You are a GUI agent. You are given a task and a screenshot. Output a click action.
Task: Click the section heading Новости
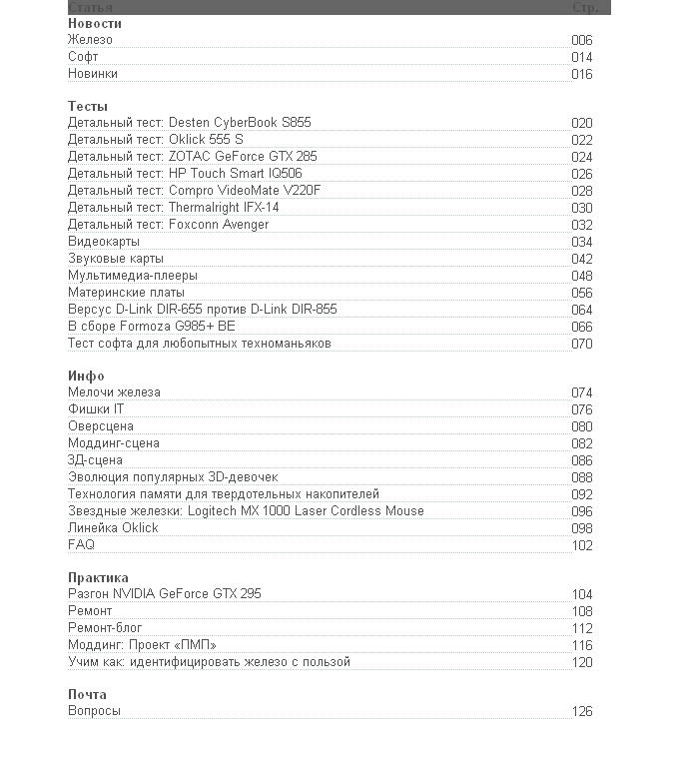(94, 23)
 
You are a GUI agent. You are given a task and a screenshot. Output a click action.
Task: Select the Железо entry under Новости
(90, 40)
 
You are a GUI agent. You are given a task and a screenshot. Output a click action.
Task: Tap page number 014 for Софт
(581, 58)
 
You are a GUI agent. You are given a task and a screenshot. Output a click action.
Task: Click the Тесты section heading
(88, 106)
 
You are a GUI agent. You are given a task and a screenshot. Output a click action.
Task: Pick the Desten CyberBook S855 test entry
(190, 123)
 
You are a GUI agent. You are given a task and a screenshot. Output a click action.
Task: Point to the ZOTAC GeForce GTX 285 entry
(192, 157)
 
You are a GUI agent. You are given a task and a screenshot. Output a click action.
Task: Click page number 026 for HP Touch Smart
(581, 175)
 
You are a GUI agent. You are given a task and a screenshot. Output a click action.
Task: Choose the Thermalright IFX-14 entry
(174, 208)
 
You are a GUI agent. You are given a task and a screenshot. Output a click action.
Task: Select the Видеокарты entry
(104, 242)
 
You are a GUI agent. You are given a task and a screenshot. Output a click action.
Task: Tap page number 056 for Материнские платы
(581, 294)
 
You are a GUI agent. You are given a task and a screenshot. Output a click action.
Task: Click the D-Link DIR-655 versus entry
(202, 310)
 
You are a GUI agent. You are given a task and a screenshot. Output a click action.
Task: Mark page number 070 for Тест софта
(581, 345)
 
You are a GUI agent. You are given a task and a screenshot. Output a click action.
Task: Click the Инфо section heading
(86, 376)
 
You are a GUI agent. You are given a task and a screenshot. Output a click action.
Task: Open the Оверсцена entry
(100, 426)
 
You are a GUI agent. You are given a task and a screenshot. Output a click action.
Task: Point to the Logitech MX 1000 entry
(246, 511)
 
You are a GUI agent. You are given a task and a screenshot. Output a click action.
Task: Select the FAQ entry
(81, 545)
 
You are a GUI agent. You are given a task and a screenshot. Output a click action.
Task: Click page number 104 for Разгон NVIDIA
(581, 595)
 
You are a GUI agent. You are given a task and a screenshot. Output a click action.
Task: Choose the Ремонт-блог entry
(105, 628)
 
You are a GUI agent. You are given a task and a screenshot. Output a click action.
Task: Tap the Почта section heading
(87, 694)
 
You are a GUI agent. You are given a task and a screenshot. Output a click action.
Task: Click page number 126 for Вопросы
(581, 712)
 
